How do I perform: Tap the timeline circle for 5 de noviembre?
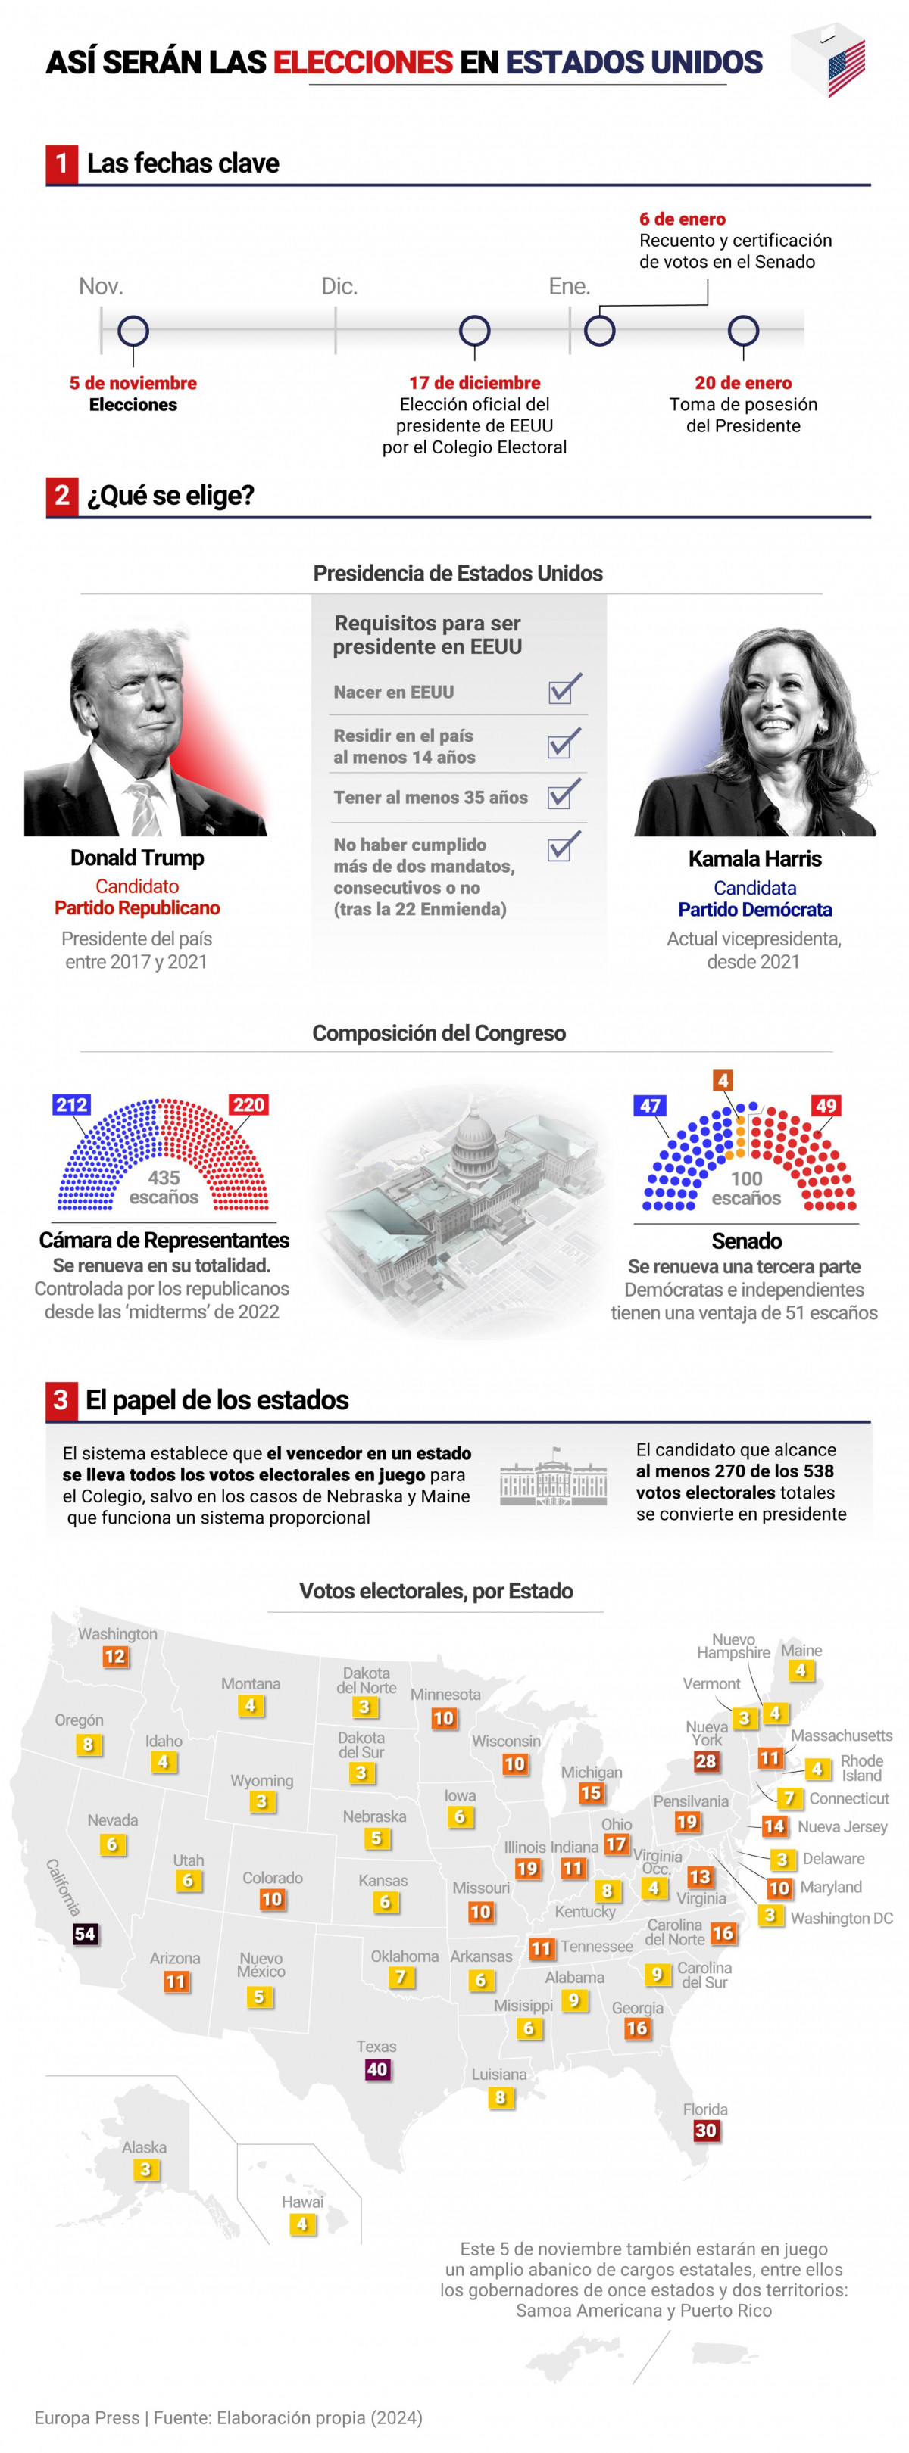[x=133, y=332]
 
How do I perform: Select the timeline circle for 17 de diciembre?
[x=473, y=332]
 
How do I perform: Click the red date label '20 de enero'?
[x=742, y=383]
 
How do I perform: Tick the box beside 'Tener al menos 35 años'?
[x=563, y=794]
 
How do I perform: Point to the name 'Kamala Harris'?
[x=754, y=858]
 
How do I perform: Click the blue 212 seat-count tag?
[x=71, y=1104]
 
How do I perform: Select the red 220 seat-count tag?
[x=248, y=1104]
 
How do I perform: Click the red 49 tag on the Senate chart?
[x=825, y=1106]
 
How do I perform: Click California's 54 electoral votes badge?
[x=85, y=1933]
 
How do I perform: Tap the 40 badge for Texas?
[x=377, y=2069]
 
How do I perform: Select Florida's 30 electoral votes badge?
[x=705, y=2131]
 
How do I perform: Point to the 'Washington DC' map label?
[x=842, y=1918]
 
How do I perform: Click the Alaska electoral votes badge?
[x=145, y=2169]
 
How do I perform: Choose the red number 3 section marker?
[x=61, y=1399]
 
